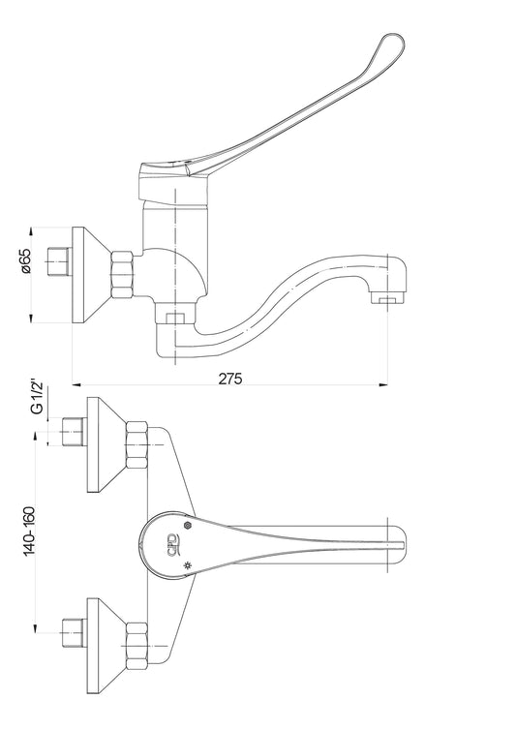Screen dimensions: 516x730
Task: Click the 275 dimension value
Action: click(230, 378)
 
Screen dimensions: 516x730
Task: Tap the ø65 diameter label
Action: click(25, 260)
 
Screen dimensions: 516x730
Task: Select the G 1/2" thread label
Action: click(37, 397)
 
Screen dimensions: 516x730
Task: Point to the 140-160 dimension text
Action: click(30, 531)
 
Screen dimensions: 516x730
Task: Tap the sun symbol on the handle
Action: click(187, 565)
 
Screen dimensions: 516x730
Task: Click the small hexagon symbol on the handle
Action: click(188, 525)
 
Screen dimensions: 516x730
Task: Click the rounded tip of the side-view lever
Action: click(393, 45)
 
